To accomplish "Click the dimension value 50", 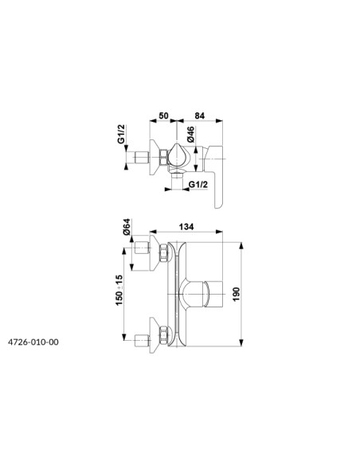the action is coord(163,115).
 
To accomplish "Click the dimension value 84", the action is coord(200,115).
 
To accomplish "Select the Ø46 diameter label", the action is coord(190,135).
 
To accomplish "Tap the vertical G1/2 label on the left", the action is coord(121,134).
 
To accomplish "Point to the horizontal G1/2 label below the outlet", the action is coord(198,184).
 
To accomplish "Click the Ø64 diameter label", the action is coord(127,227).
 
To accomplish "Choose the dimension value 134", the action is coord(186,227).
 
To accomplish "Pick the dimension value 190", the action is coord(236,294).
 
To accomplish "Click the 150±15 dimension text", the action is coord(119,291).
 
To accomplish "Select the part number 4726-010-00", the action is coord(33,342).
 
